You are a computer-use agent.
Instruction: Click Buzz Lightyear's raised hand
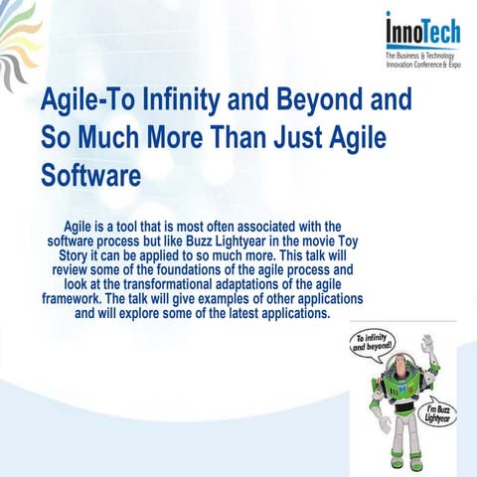coord(427,344)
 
